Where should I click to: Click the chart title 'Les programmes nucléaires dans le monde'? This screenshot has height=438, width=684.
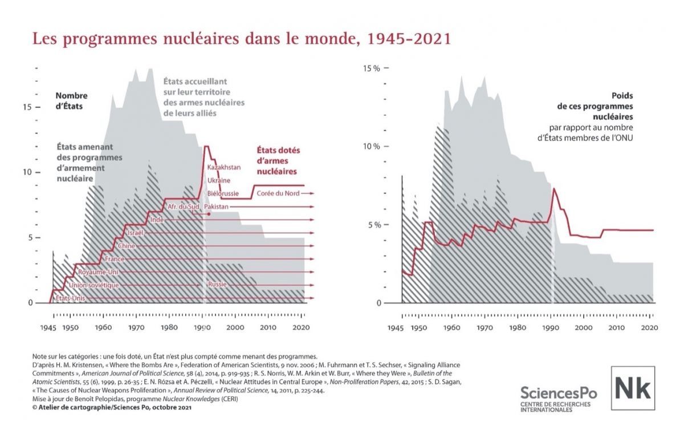click(242, 39)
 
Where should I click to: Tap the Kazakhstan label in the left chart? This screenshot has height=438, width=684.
click(223, 167)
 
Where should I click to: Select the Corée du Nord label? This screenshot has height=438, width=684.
click(278, 193)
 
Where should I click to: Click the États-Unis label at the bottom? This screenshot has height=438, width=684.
click(70, 298)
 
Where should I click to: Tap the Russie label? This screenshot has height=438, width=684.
click(218, 285)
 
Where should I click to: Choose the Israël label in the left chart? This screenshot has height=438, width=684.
click(135, 233)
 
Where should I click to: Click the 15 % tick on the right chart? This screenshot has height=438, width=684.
click(372, 68)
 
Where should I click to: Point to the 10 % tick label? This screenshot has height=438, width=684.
click(372, 147)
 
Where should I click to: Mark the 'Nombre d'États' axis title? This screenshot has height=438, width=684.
click(71, 100)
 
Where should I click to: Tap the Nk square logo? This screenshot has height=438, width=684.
click(633, 388)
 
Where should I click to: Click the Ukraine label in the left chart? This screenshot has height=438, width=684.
click(219, 180)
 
